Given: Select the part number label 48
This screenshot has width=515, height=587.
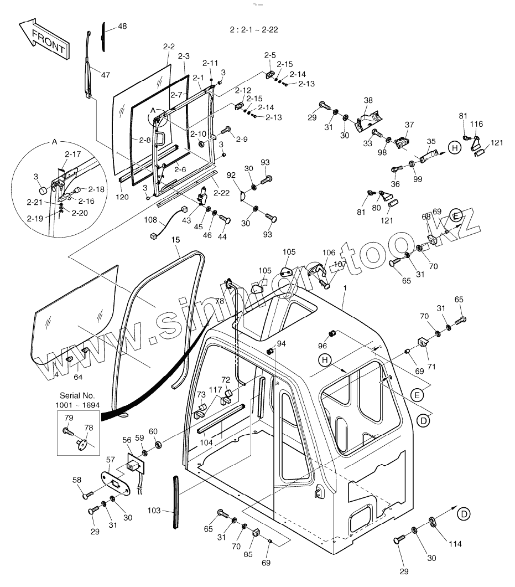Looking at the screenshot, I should [122, 27].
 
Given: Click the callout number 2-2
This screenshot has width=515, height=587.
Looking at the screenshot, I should [169, 47].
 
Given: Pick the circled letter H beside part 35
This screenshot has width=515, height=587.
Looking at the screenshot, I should [454, 148].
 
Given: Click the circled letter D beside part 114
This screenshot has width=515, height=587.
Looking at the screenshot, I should [464, 514].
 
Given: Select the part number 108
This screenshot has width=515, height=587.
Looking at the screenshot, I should [151, 220].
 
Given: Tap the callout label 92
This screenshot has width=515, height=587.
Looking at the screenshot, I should [231, 176].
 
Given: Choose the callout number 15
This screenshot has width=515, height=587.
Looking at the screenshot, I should [175, 240].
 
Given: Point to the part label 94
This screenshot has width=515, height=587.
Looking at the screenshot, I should [282, 344].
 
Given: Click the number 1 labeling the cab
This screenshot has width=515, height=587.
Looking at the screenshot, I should [345, 289].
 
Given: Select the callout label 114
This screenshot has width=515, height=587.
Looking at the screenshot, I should [455, 544].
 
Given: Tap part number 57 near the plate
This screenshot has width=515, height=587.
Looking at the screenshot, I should [111, 460].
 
